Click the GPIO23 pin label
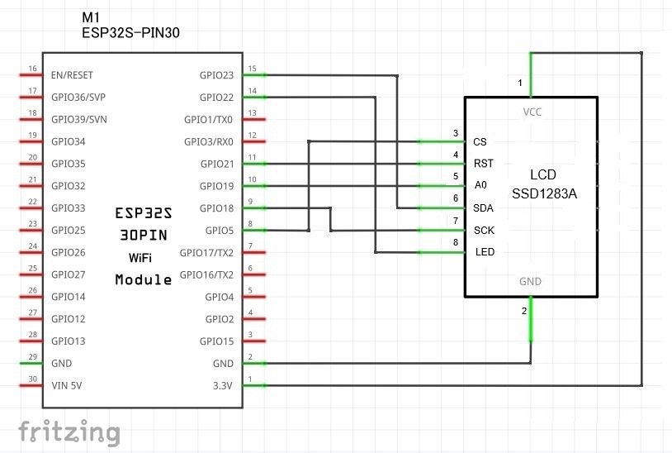[x=216, y=75]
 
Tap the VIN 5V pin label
[x=66, y=385]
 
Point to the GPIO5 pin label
[x=220, y=231]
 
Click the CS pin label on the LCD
[x=480, y=142]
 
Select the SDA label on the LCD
[x=483, y=207]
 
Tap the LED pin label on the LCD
[x=485, y=252]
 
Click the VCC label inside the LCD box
[x=531, y=112]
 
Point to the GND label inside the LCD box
[x=531, y=282]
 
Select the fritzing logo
[x=69, y=432]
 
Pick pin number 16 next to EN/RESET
[x=32, y=69]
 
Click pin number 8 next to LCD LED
[x=455, y=242]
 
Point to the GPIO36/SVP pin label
[x=78, y=98]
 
